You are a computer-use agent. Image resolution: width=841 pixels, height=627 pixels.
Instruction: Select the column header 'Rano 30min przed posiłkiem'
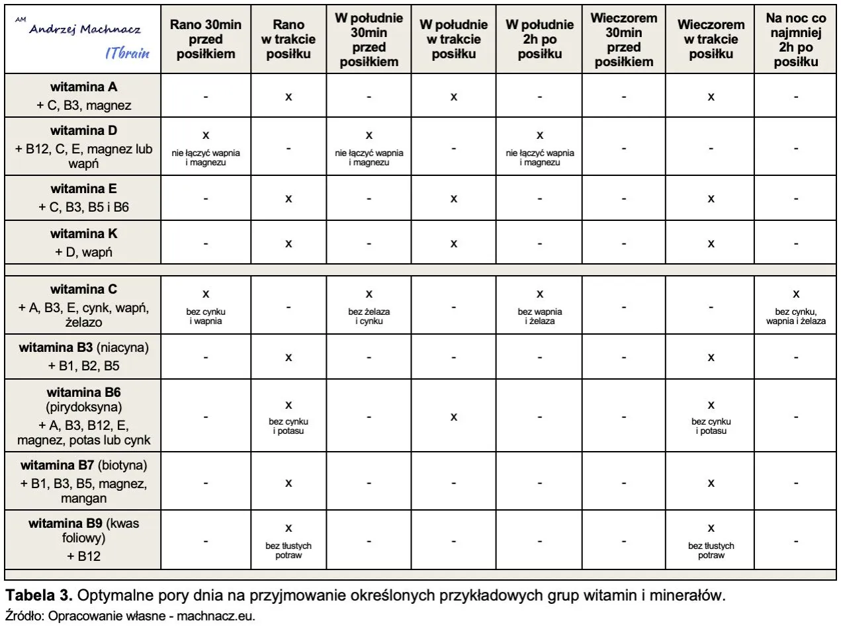click(x=206, y=39)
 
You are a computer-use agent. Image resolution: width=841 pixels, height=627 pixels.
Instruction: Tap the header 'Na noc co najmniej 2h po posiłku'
click(x=796, y=39)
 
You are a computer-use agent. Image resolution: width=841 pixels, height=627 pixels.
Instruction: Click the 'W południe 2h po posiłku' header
click(x=539, y=39)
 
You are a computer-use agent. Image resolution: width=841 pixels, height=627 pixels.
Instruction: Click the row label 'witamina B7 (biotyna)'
click(x=84, y=464)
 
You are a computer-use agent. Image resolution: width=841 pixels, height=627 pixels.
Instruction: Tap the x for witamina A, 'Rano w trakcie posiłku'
click(x=288, y=97)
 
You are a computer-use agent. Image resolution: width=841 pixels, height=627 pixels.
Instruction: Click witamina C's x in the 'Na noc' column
click(x=796, y=294)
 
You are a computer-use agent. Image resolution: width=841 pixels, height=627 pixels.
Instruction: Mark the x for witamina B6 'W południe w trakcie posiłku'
click(x=454, y=417)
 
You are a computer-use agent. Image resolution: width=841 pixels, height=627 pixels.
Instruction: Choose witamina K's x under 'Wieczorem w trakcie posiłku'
click(x=711, y=243)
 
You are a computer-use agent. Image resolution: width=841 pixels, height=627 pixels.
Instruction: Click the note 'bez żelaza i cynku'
click(x=369, y=316)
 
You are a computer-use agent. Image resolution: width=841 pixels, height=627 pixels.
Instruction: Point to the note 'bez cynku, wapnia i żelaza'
click(x=796, y=316)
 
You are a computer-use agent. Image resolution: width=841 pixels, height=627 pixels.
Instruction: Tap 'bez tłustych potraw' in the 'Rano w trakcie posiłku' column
click(x=288, y=551)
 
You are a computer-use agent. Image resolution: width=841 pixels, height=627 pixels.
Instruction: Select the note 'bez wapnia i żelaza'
click(x=539, y=316)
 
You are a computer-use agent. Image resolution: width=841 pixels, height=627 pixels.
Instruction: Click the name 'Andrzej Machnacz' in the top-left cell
click(x=85, y=30)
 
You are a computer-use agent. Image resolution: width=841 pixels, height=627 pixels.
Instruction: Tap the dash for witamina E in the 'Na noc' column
click(x=796, y=198)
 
